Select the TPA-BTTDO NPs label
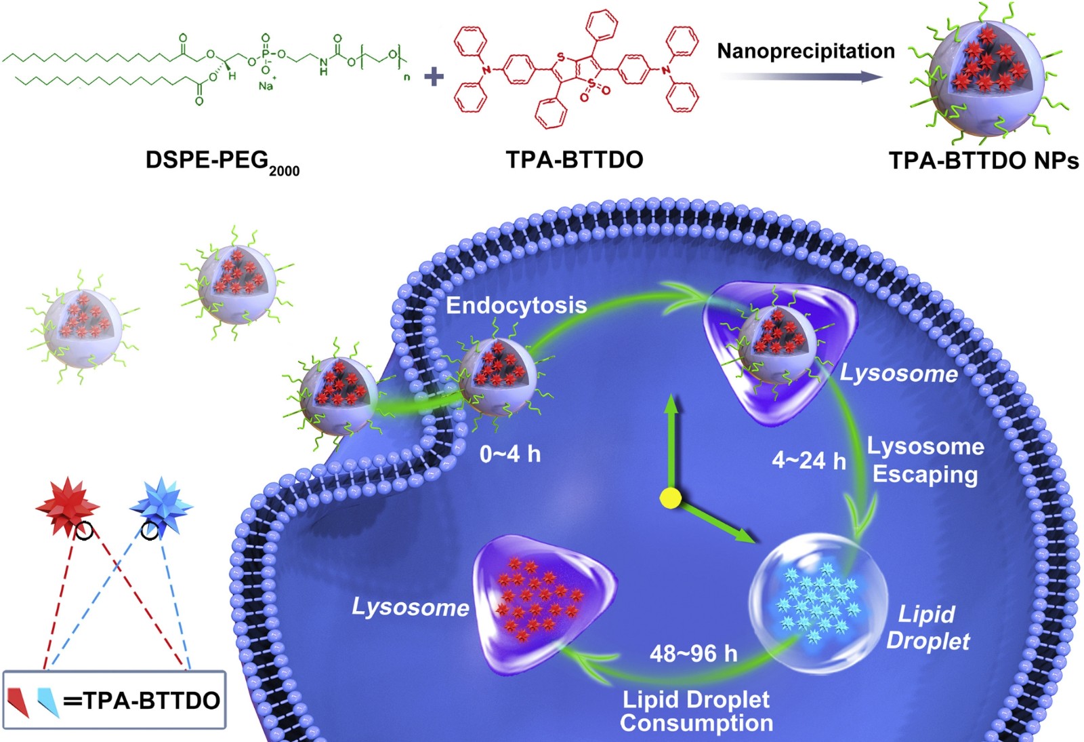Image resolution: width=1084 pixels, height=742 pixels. (x=984, y=161)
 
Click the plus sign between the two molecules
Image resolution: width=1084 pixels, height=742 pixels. (x=434, y=77)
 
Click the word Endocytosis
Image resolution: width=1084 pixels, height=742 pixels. (x=516, y=306)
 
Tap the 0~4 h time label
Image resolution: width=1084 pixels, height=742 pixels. (x=510, y=454)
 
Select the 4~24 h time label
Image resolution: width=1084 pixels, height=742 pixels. (x=809, y=460)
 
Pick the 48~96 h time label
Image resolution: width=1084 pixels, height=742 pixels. (x=694, y=654)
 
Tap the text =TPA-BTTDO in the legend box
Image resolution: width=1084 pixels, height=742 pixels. (x=142, y=701)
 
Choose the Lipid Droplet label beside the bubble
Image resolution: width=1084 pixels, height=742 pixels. (x=927, y=627)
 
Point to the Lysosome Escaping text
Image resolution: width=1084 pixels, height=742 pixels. (x=925, y=460)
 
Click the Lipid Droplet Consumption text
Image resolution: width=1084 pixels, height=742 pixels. (x=696, y=711)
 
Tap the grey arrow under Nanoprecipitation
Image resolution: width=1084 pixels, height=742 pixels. (x=801, y=77)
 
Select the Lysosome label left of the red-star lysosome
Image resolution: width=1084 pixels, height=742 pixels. (x=411, y=607)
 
